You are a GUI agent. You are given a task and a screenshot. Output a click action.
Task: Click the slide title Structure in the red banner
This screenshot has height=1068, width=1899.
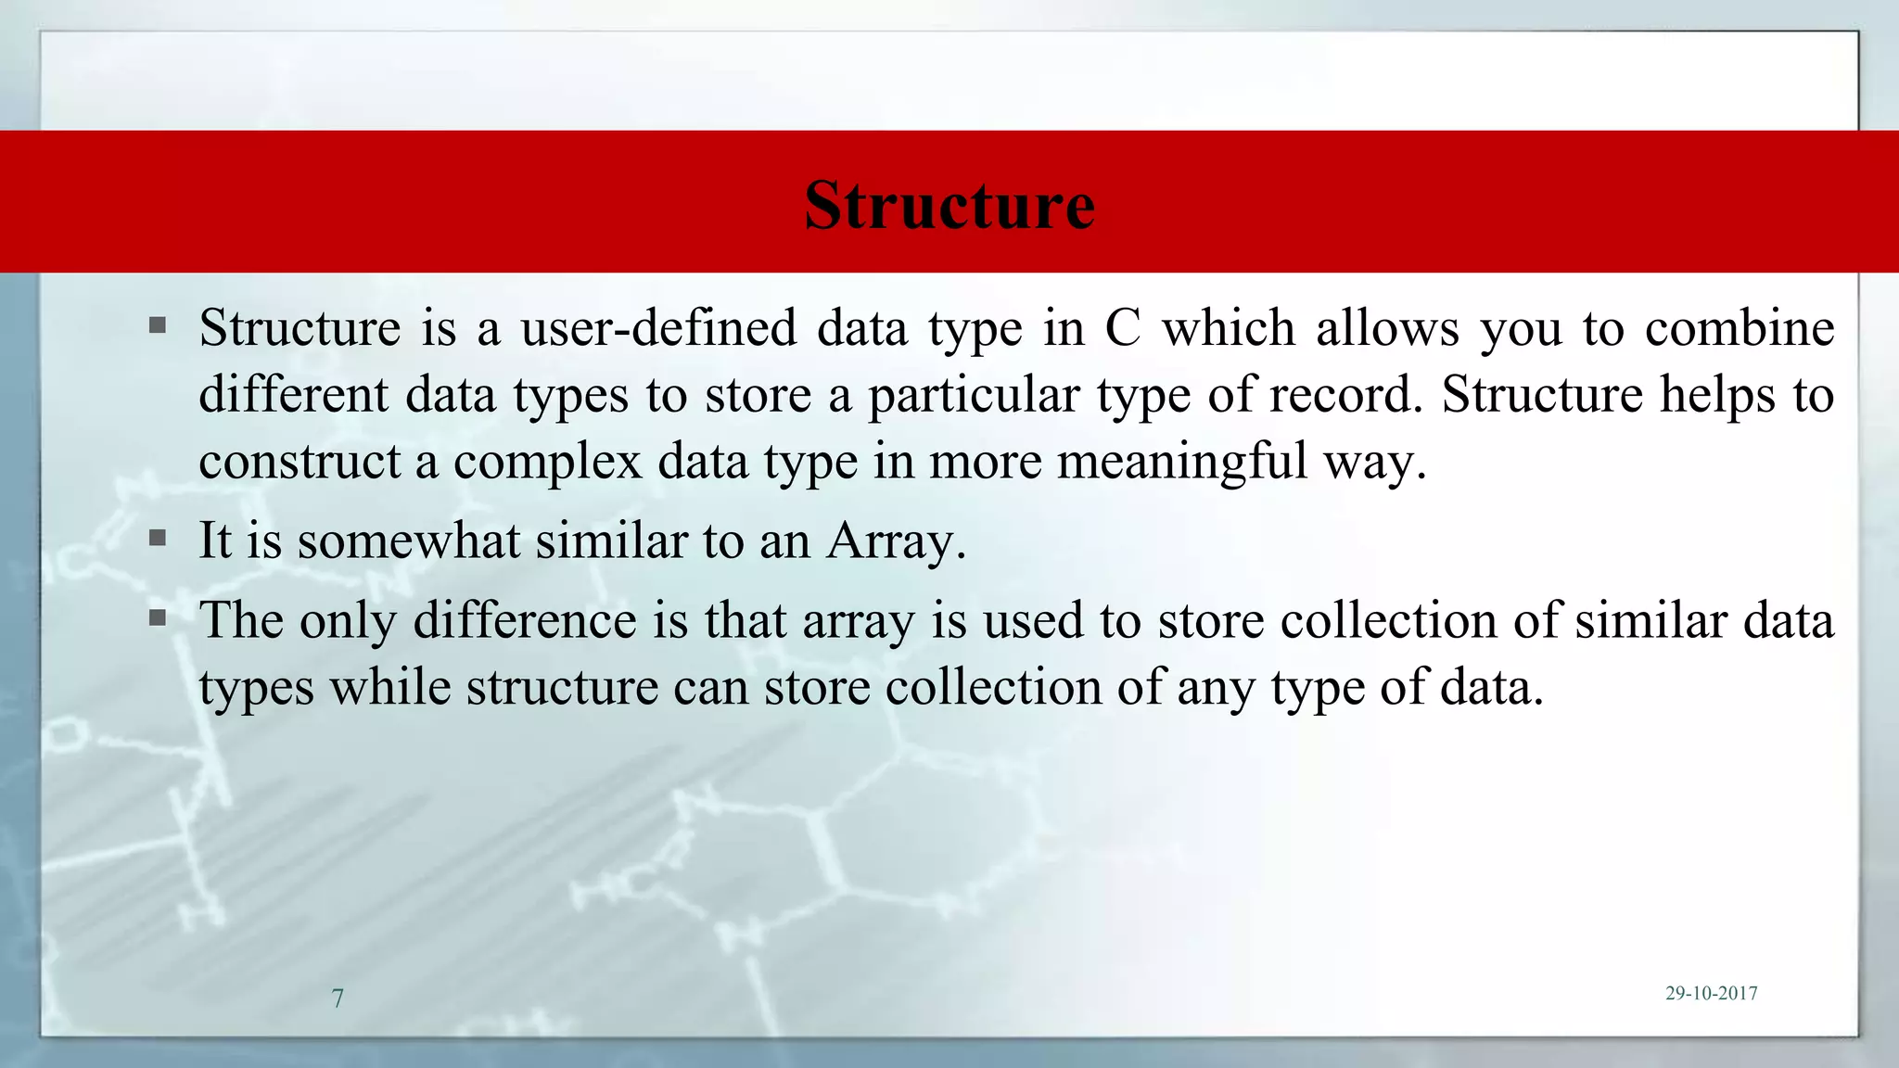(x=949, y=205)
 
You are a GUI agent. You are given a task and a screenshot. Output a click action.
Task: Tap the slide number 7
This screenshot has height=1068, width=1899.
(x=338, y=998)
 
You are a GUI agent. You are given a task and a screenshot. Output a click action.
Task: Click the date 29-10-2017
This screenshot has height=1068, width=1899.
(x=1711, y=993)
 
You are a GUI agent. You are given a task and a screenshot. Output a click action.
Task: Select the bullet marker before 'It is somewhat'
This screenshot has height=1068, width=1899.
(x=158, y=538)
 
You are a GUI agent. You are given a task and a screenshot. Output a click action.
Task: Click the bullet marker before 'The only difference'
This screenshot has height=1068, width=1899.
(x=158, y=617)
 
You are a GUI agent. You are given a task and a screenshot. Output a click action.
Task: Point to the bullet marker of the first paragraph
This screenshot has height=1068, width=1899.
(x=158, y=325)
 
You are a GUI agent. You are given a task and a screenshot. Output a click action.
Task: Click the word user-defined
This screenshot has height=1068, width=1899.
(x=658, y=328)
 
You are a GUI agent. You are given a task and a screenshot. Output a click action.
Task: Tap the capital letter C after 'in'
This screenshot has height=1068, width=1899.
(x=1122, y=328)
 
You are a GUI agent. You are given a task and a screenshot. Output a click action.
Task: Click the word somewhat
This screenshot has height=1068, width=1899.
(x=408, y=540)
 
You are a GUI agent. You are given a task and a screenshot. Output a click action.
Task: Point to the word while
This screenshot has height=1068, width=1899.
(x=390, y=687)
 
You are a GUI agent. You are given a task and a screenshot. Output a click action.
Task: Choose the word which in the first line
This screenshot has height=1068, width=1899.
(x=1229, y=328)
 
